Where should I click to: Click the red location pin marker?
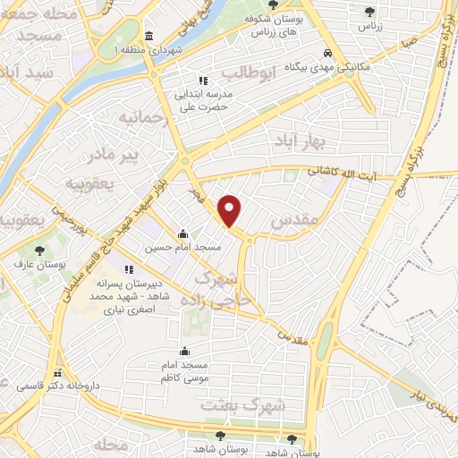point(231,211)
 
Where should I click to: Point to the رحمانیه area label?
point(144,116)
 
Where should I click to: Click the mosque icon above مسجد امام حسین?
point(183,234)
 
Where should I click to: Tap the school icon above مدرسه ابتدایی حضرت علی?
point(203,81)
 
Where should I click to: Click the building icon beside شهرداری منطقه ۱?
point(148,36)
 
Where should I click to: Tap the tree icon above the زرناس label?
point(369,12)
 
